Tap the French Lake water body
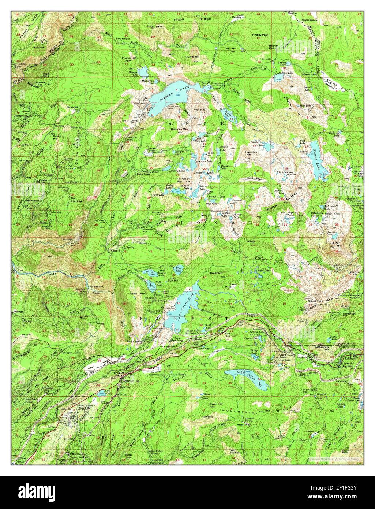click(x=315, y=161)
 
